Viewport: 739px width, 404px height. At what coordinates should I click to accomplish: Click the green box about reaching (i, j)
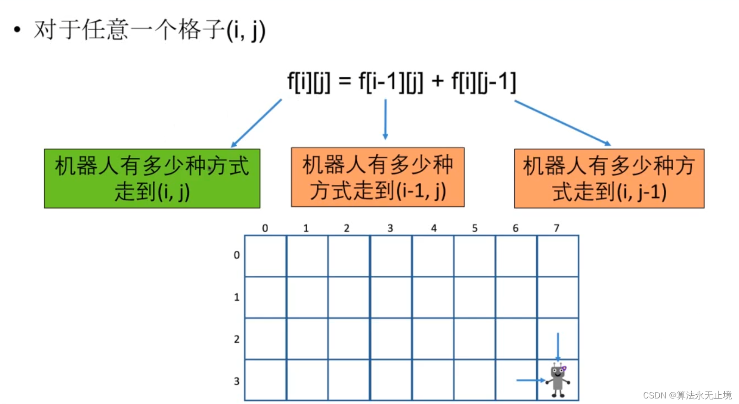tap(152, 178)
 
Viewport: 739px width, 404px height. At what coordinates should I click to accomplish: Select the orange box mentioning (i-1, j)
tap(378, 177)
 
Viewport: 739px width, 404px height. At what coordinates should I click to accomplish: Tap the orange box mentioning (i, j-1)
tap(609, 178)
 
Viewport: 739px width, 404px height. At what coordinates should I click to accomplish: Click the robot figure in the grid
tap(558, 380)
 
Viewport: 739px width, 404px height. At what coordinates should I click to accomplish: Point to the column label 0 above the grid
tap(265, 228)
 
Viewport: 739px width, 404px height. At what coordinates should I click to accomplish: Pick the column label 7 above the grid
tap(556, 228)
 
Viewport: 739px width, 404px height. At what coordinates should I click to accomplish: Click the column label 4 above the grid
tap(434, 228)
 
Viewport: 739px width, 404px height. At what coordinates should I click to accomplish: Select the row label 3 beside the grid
tap(237, 381)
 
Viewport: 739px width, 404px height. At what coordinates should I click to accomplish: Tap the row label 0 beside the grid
tap(237, 255)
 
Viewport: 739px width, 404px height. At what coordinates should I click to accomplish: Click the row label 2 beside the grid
tap(237, 339)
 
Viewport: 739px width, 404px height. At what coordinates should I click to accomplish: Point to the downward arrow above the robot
tap(558, 347)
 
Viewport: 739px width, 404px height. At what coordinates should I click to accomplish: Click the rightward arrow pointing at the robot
tap(531, 380)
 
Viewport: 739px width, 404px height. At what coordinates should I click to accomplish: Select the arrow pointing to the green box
tap(256, 123)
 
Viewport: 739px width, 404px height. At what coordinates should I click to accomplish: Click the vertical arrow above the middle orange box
tap(385, 119)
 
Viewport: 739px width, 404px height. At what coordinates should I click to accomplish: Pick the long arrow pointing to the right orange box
tap(562, 123)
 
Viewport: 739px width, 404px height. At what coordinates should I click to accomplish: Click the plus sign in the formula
tap(437, 81)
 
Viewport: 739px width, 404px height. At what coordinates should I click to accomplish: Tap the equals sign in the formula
tap(345, 81)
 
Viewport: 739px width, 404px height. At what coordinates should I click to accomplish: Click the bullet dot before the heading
tap(18, 31)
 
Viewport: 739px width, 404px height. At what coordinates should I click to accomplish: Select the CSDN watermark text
tap(687, 395)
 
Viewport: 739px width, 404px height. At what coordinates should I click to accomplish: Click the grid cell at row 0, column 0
tap(265, 256)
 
